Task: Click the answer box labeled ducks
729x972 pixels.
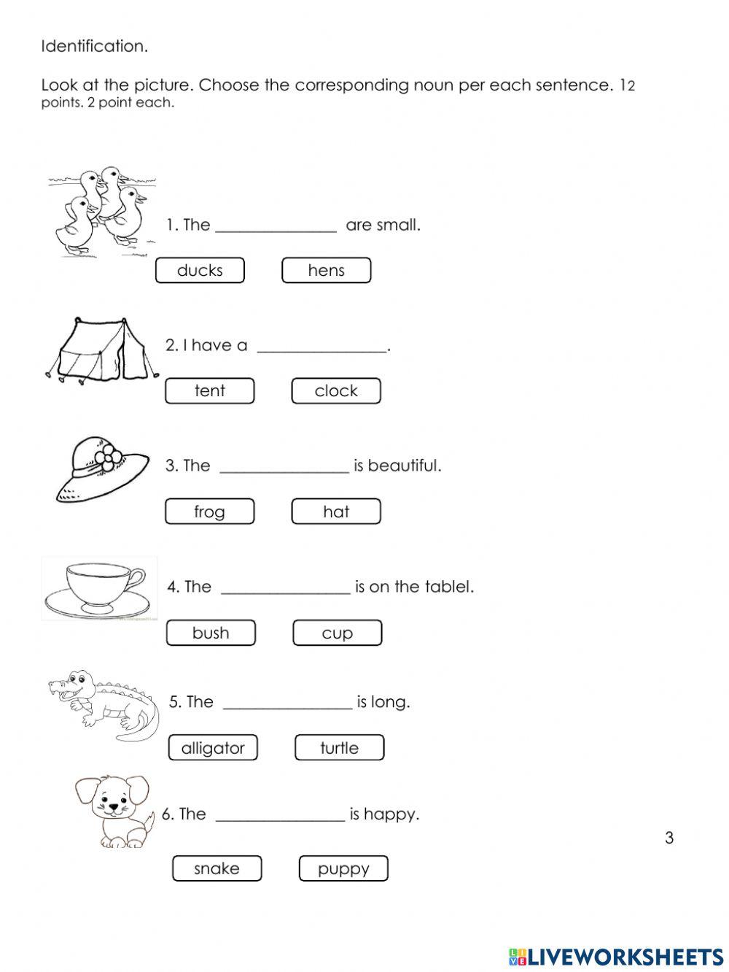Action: point(200,270)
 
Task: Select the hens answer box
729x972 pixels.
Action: point(326,270)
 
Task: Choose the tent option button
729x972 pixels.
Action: point(209,390)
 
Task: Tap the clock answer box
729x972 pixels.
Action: point(336,390)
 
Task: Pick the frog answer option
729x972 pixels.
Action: point(209,512)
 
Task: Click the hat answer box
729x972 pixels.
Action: point(336,512)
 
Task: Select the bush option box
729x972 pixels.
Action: point(211,633)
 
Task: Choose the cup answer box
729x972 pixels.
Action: point(337,633)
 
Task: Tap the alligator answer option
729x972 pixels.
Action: point(213,747)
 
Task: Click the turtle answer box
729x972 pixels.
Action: point(339,747)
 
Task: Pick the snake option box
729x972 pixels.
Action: point(217,868)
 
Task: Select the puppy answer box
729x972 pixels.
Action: point(343,868)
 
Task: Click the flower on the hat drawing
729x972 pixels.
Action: point(109,458)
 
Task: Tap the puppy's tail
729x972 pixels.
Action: point(149,821)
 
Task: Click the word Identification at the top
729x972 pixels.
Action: point(94,46)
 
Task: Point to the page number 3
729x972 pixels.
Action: point(669,838)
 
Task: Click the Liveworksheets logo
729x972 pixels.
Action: point(616,957)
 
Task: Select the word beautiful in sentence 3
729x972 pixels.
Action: point(404,466)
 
